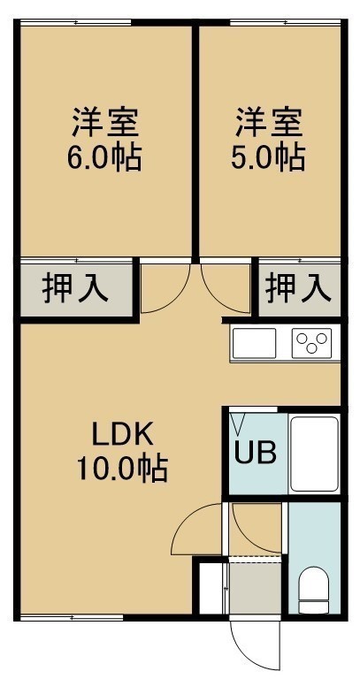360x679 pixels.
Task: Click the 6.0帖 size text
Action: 104,158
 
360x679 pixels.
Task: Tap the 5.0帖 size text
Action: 268,158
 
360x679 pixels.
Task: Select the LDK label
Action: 123,435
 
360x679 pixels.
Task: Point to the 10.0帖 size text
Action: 123,469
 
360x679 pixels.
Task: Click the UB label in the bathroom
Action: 255,453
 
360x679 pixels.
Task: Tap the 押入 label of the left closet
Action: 75,289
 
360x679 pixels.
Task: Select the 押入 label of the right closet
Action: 299,289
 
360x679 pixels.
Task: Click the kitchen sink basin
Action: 254,343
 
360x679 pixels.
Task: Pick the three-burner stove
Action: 312,343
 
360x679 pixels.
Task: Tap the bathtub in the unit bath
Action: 314,454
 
